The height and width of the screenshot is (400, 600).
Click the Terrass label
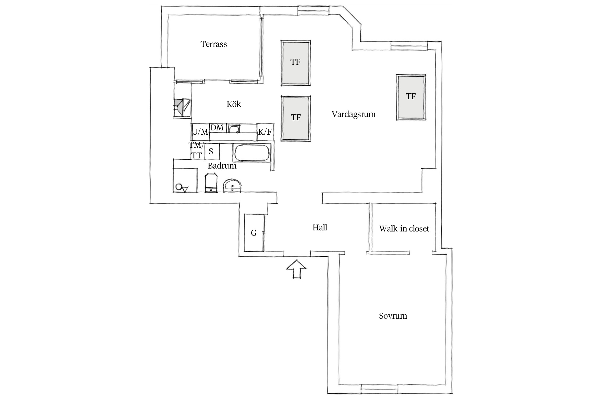pos(214,44)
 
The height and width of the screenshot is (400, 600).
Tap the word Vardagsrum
pos(354,114)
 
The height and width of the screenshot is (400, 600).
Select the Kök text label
pos(234,104)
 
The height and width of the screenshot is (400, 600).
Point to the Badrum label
pos(222,166)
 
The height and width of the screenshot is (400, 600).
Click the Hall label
pos(320,227)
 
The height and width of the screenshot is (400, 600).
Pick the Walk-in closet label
pos(404,229)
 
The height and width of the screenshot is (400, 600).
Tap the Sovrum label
pos(393,316)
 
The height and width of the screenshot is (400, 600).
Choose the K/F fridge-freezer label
pos(265,132)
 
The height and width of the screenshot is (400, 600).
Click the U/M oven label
pos(200,132)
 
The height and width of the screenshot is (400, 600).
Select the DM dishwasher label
pos(217,128)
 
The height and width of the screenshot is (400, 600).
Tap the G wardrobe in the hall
pos(254,233)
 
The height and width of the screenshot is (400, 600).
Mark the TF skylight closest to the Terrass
pos(295,63)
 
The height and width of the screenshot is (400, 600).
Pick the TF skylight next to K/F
pos(296,118)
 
